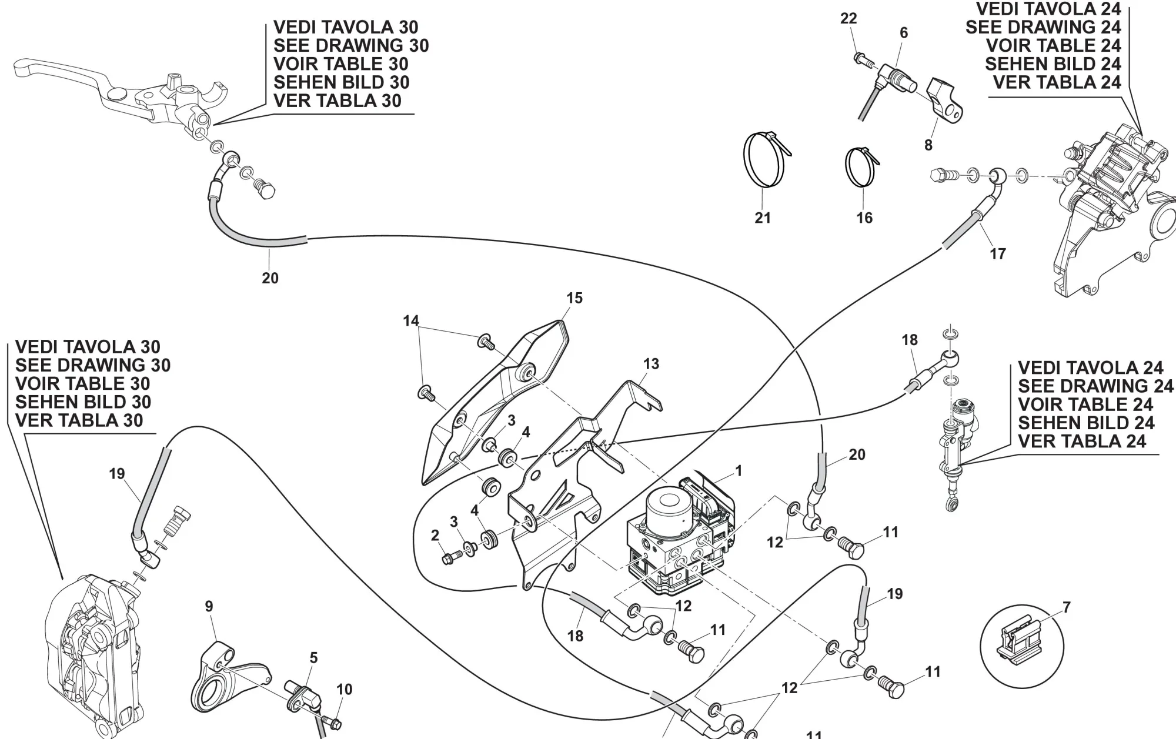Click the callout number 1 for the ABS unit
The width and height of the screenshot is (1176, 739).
tap(739, 471)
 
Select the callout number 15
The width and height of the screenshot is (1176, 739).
tap(574, 298)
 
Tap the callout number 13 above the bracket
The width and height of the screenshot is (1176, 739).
tap(651, 364)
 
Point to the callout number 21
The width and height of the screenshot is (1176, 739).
tap(763, 218)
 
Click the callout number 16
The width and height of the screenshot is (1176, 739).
tap(864, 218)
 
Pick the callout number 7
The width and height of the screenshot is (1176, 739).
tap(1067, 607)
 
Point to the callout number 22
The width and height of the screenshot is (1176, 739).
tap(848, 19)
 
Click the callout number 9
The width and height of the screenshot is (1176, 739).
tap(209, 606)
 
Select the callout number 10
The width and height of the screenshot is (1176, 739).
tap(345, 689)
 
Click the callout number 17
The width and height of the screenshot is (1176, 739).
tap(998, 254)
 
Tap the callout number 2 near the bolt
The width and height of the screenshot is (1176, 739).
tap(435, 536)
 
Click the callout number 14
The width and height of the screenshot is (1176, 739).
tap(411, 321)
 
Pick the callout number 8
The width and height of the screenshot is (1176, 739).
tap(928, 145)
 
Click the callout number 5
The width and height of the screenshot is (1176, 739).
tap(313, 658)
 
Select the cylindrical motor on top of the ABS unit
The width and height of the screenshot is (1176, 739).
tap(669, 506)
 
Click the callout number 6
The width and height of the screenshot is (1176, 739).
tap(904, 33)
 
